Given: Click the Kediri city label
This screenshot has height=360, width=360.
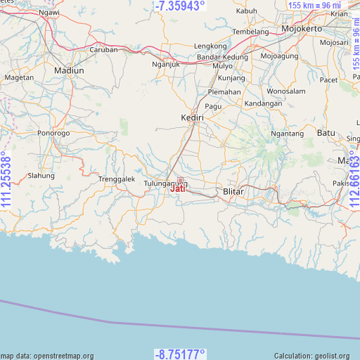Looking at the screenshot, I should [x=192, y=117].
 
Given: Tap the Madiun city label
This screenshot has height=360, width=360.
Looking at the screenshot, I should [x=69, y=71].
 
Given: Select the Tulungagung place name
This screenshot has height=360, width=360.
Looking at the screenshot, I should [x=165, y=184].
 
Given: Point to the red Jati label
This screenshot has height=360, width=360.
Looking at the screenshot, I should [x=178, y=188].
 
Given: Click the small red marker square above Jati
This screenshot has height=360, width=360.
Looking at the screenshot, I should [x=180, y=180].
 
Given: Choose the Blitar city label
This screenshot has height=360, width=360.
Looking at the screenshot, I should [x=233, y=191].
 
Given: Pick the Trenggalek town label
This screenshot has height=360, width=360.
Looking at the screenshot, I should [x=116, y=179].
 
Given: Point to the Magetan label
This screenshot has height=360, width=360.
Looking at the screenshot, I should [x=19, y=77].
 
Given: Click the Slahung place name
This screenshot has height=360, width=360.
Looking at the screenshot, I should [x=40, y=176].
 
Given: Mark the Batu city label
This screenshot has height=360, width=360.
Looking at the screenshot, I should [x=326, y=132].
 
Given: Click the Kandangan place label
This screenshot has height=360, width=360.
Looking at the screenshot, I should [x=262, y=103].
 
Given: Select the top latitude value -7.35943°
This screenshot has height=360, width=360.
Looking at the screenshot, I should [x=179, y=6].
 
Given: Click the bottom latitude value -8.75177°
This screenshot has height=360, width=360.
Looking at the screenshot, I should [x=179, y=354].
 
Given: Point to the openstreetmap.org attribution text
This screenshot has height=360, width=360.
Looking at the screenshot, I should [x=47, y=356].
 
